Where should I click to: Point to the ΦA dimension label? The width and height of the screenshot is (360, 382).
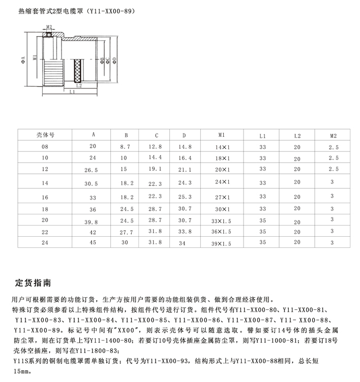(x=23, y=61)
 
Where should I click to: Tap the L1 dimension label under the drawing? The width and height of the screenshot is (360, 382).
(x=72, y=92)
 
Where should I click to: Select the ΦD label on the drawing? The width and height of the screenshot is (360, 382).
(x=115, y=61)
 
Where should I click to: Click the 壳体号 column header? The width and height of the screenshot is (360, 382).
(x=45, y=135)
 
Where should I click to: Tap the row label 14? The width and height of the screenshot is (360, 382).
(x=45, y=181)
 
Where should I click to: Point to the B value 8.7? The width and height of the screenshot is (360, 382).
(x=126, y=147)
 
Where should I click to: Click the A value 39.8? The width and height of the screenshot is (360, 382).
(x=92, y=220)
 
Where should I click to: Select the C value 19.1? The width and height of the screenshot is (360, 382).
(x=156, y=168)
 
